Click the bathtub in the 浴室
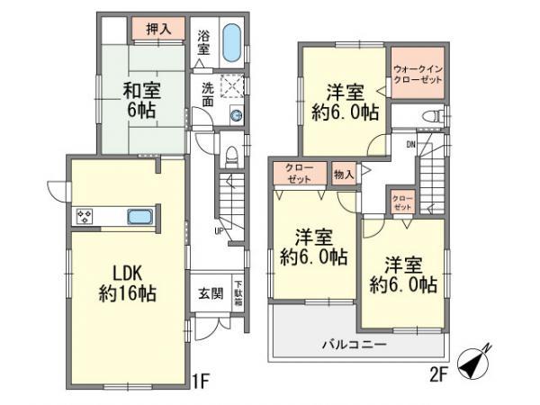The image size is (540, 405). coord(230,43)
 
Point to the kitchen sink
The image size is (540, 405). coord(139,217)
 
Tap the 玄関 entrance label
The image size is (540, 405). coord(206,292)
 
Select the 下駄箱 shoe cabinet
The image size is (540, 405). coord(238,292)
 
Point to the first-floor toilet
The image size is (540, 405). coord(230,156)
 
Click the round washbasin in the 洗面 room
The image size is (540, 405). coord(236,114)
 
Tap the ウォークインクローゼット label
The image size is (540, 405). coord(418,74)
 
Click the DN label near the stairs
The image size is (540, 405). coord(409,144)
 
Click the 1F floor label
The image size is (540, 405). coord(199,380)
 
